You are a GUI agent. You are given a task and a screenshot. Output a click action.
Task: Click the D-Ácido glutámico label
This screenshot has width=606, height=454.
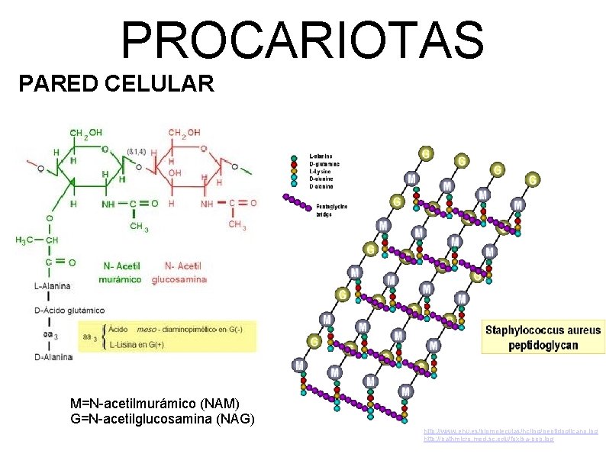click(x=69, y=311)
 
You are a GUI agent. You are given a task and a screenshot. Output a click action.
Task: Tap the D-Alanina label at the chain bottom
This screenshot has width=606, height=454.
click(x=53, y=356)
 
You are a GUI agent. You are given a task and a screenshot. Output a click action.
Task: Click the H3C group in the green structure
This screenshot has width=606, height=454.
click(x=25, y=240)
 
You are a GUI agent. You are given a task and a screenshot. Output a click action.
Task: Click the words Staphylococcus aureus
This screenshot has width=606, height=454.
click(x=543, y=330)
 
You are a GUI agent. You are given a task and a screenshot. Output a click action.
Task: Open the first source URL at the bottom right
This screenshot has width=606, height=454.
click(x=511, y=432)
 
